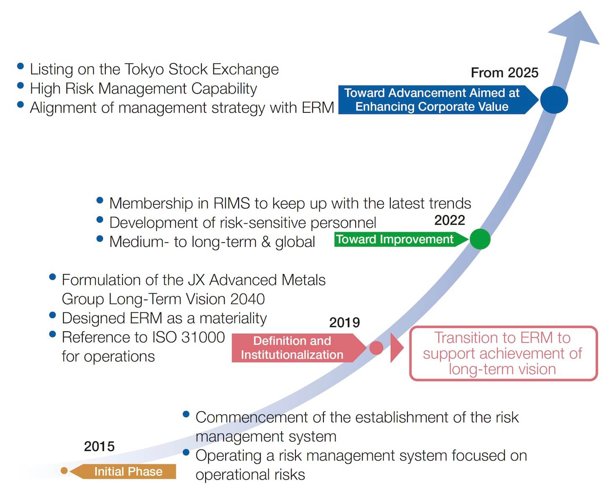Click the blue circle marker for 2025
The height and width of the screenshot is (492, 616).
tap(554, 99)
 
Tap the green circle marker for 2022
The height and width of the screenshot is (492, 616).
tap(480, 239)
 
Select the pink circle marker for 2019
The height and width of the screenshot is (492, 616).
tap(376, 348)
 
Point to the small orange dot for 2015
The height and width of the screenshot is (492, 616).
tap(64, 471)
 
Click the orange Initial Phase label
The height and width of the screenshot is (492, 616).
tap(123, 472)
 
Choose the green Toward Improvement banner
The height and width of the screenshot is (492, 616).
tap(401, 239)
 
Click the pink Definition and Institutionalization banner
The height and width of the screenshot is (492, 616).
tap(299, 348)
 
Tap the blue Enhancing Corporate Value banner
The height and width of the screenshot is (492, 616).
tap(438, 99)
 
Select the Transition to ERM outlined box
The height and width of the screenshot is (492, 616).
tap(504, 353)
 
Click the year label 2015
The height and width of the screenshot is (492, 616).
tap(99, 446)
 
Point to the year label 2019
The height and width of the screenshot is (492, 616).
tap(345, 323)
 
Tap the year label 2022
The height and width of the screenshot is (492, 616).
tap(450, 220)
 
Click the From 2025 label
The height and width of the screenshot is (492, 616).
tap(505, 73)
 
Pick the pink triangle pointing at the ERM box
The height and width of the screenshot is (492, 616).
tap(397, 348)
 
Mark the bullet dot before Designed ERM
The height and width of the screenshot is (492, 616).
tap(52, 315)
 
